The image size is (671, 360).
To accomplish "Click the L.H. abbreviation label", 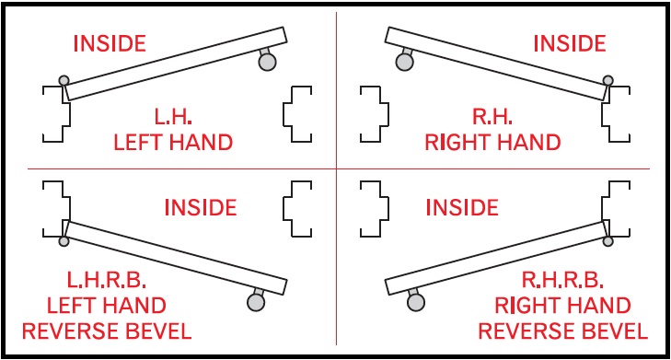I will click(x=173, y=118).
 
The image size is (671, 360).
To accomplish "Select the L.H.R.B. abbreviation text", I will click(x=109, y=281).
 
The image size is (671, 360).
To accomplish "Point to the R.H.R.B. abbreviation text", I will click(x=562, y=281).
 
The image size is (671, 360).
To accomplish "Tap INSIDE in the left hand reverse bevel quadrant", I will click(x=200, y=207).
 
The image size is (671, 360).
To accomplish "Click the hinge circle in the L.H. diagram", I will click(x=63, y=81).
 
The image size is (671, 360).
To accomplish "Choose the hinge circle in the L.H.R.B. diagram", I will click(x=63, y=241).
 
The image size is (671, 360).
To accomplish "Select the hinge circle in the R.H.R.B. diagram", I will click(x=608, y=241).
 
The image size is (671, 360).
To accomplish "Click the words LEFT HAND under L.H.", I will click(x=173, y=143).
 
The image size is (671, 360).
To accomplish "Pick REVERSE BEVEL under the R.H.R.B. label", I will click(x=563, y=331).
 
